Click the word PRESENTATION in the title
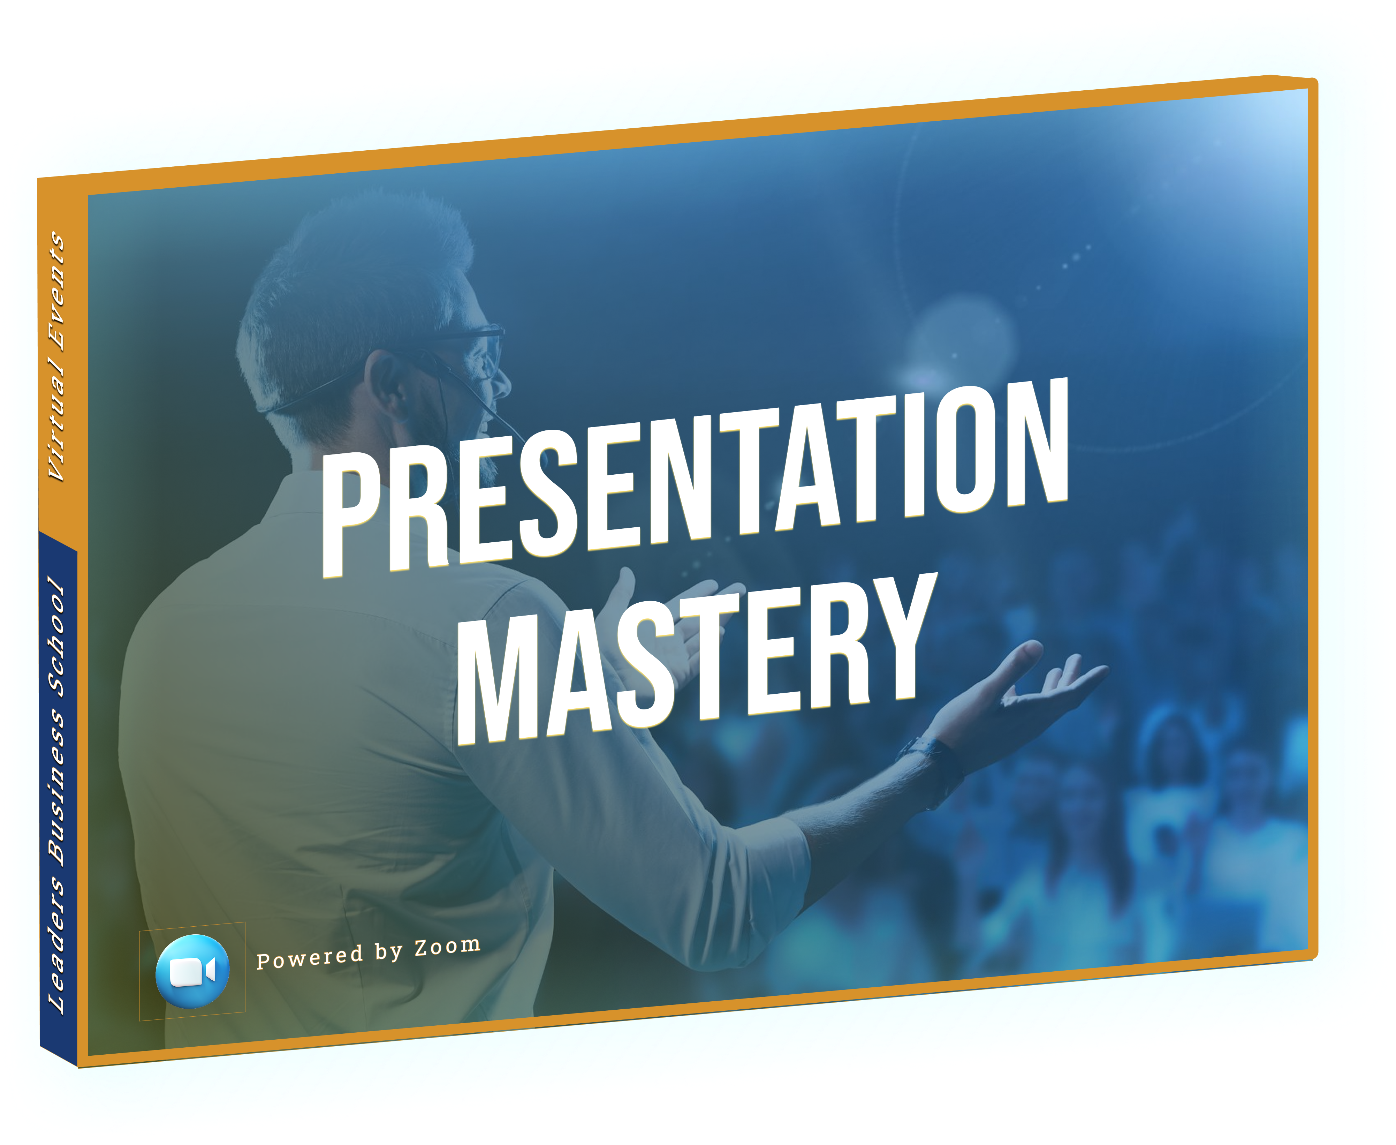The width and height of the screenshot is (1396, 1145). [695, 478]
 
